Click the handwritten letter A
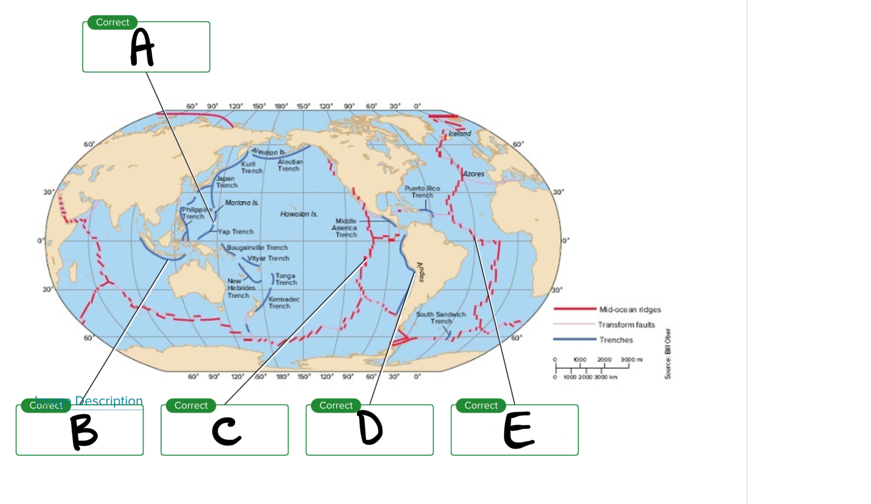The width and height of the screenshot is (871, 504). [141, 47]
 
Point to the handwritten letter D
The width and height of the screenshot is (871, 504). [370, 428]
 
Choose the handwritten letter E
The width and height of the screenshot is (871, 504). [518, 430]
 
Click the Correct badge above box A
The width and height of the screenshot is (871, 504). [112, 23]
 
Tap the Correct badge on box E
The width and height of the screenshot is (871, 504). [481, 406]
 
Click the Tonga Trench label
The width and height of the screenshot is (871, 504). [286, 279]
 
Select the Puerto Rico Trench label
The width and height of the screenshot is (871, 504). [422, 192]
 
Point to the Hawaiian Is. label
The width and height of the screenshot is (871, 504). [299, 214]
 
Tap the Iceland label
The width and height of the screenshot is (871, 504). [460, 134]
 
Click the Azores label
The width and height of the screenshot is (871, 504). [474, 174]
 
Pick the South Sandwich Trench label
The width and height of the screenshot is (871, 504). [441, 318]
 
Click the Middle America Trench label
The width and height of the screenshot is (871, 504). [346, 228]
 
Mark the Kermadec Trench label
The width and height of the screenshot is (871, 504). [283, 303]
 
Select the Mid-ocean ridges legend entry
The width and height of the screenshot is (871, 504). [630, 310]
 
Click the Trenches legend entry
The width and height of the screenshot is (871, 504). [616, 340]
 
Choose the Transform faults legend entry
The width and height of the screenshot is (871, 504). [626, 325]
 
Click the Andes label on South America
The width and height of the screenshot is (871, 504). [421, 272]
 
